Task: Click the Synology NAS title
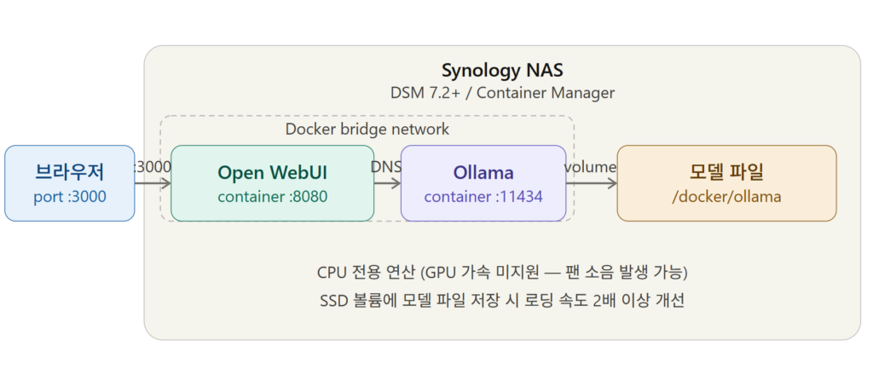(x=501, y=70)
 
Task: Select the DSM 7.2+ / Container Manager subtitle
(x=501, y=92)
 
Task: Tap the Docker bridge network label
(x=367, y=130)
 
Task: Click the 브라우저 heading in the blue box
(x=70, y=172)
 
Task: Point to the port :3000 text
(x=70, y=197)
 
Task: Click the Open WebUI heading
(x=272, y=172)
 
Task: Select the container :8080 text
(x=272, y=197)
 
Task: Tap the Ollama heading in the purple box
(x=483, y=172)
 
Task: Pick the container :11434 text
(x=483, y=197)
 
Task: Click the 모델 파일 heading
(x=726, y=172)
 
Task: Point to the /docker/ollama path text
(x=726, y=197)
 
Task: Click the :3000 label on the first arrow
(x=153, y=167)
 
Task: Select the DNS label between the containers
(x=386, y=167)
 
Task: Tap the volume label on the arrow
(x=590, y=167)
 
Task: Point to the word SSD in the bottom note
(x=329, y=301)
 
